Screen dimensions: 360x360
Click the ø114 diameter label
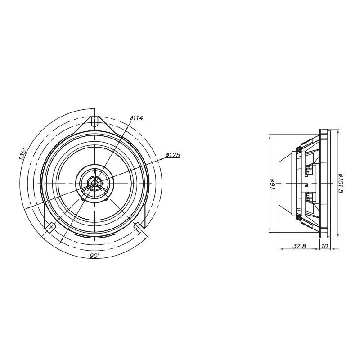(136, 118)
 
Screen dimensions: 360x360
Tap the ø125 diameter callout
(173, 155)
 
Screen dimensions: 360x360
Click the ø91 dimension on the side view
(273, 184)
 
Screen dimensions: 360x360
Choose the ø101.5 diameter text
(341, 184)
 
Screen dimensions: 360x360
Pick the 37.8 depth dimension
(299, 246)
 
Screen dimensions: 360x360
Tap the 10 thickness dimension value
(324, 246)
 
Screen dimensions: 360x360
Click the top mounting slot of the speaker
(94, 121)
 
